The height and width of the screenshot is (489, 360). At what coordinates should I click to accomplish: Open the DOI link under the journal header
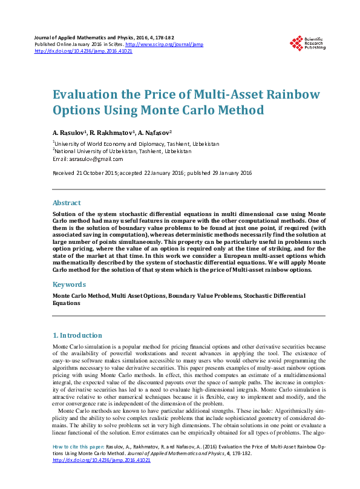(x=83, y=51)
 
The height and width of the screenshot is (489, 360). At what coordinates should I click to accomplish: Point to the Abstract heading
(x=67, y=203)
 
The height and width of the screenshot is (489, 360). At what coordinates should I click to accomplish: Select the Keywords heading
(x=69, y=284)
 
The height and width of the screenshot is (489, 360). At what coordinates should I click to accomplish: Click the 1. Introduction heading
(x=77, y=335)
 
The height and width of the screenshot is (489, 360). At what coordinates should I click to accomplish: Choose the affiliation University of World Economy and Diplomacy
(x=117, y=144)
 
